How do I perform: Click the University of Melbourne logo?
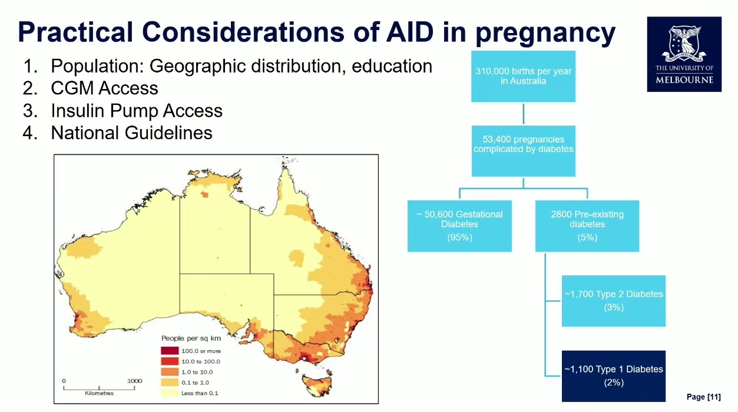tap(684, 54)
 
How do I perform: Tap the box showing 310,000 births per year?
tap(523, 76)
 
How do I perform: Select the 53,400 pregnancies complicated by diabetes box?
tap(523, 151)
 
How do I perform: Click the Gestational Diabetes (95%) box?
tap(459, 226)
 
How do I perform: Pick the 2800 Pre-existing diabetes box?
tap(587, 226)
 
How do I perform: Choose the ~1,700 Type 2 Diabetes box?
tap(614, 301)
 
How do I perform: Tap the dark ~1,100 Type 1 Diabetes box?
tap(614, 376)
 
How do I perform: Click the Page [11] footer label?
tap(703, 397)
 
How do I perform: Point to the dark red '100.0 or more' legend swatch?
tap(170, 351)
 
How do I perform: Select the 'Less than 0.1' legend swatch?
tap(170, 393)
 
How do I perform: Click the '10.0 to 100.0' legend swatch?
tap(170, 361)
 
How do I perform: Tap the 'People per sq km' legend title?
tap(191, 338)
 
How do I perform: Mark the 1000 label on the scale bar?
tap(134, 381)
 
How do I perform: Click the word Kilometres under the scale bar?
tap(99, 393)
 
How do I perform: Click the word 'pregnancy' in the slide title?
tap(545, 33)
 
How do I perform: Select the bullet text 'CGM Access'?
tap(104, 88)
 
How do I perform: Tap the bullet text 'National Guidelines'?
tap(131, 133)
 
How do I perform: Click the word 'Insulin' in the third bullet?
tap(78, 110)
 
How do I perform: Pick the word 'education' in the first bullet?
tap(392, 66)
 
